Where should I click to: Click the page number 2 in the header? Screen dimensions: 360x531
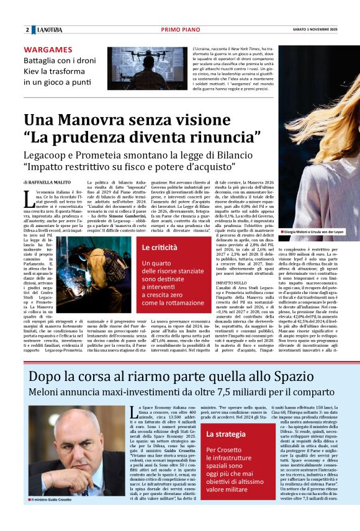click(27, 29)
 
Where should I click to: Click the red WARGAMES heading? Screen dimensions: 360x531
click(48, 50)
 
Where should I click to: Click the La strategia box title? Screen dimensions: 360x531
click(226, 434)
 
